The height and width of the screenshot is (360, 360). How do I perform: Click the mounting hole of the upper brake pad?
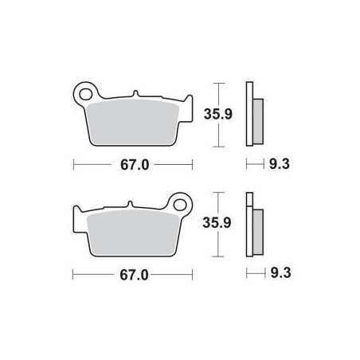click(x=85, y=95)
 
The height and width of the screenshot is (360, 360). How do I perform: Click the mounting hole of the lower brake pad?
click(x=180, y=205)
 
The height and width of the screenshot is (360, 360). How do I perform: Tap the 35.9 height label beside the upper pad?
click(x=218, y=114)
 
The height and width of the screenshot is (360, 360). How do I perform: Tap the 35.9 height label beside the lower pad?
click(x=217, y=222)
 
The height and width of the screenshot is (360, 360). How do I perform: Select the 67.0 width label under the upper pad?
click(x=135, y=165)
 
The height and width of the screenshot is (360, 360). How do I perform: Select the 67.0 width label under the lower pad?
click(x=134, y=276)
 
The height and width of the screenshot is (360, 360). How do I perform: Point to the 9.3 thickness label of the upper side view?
click(x=280, y=164)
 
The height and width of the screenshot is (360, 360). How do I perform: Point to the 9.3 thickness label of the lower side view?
click(x=280, y=273)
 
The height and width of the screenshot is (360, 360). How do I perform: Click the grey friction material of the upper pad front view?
click(x=132, y=123)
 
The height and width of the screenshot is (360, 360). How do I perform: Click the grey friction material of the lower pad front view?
click(x=133, y=233)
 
